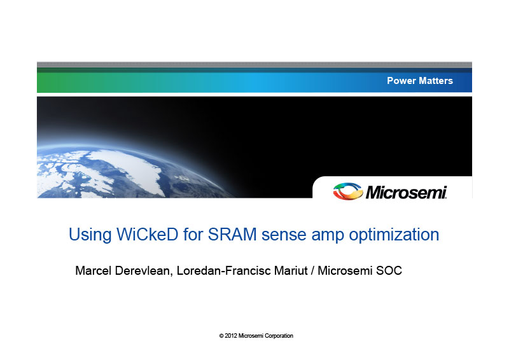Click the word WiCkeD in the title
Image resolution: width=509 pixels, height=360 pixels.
tap(148, 234)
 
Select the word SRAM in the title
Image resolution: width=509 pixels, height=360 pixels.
tap(232, 234)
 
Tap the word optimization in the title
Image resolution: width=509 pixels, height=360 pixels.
tap(394, 235)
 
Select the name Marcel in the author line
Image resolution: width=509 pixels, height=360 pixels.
tap(94, 270)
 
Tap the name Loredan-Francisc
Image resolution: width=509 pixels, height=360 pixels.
tap(224, 270)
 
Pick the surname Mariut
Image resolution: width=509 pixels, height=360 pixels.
tap(291, 270)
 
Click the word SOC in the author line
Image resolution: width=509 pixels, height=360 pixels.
tap(389, 270)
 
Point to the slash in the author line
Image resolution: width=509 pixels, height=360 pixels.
tap(312, 270)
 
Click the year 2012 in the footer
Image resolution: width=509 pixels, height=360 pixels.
tap(231, 336)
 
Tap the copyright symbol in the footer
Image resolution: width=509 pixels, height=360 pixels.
tap(221, 336)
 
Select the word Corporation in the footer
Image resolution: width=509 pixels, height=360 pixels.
tap(279, 336)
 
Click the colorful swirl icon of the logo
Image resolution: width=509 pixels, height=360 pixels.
tap(348, 191)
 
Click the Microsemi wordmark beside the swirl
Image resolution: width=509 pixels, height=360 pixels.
tap(407, 192)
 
